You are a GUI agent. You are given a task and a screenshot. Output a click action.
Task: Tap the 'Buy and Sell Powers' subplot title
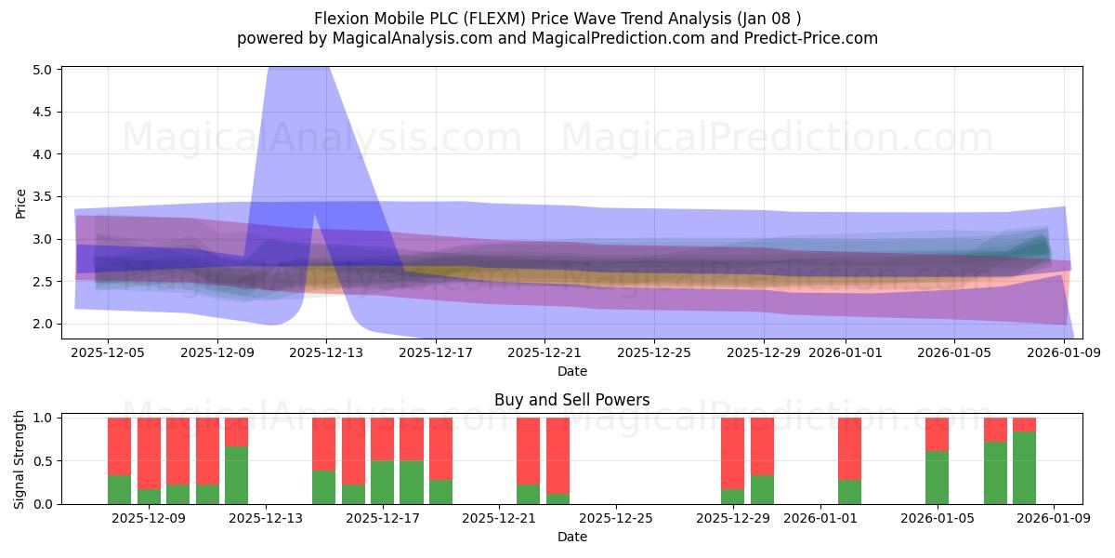click(x=571, y=400)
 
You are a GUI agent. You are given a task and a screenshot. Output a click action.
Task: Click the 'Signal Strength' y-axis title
click(x=21, y=460)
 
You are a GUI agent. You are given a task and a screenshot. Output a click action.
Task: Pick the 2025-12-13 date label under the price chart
click(x=326, y=352)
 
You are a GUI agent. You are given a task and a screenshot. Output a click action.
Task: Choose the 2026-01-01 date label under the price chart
click(x=845, y=352)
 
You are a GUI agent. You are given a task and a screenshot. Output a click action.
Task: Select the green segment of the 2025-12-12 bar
click(x=237, y=475)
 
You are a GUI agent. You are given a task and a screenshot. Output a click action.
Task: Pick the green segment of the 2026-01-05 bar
click(x=937, y=477)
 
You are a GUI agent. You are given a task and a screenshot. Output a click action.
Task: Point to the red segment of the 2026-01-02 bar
click(x=849, y=448)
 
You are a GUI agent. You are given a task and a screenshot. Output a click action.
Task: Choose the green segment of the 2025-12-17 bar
click(x=383, y=482)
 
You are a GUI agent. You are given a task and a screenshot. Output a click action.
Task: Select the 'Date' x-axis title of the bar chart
click(x=571, y=537)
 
